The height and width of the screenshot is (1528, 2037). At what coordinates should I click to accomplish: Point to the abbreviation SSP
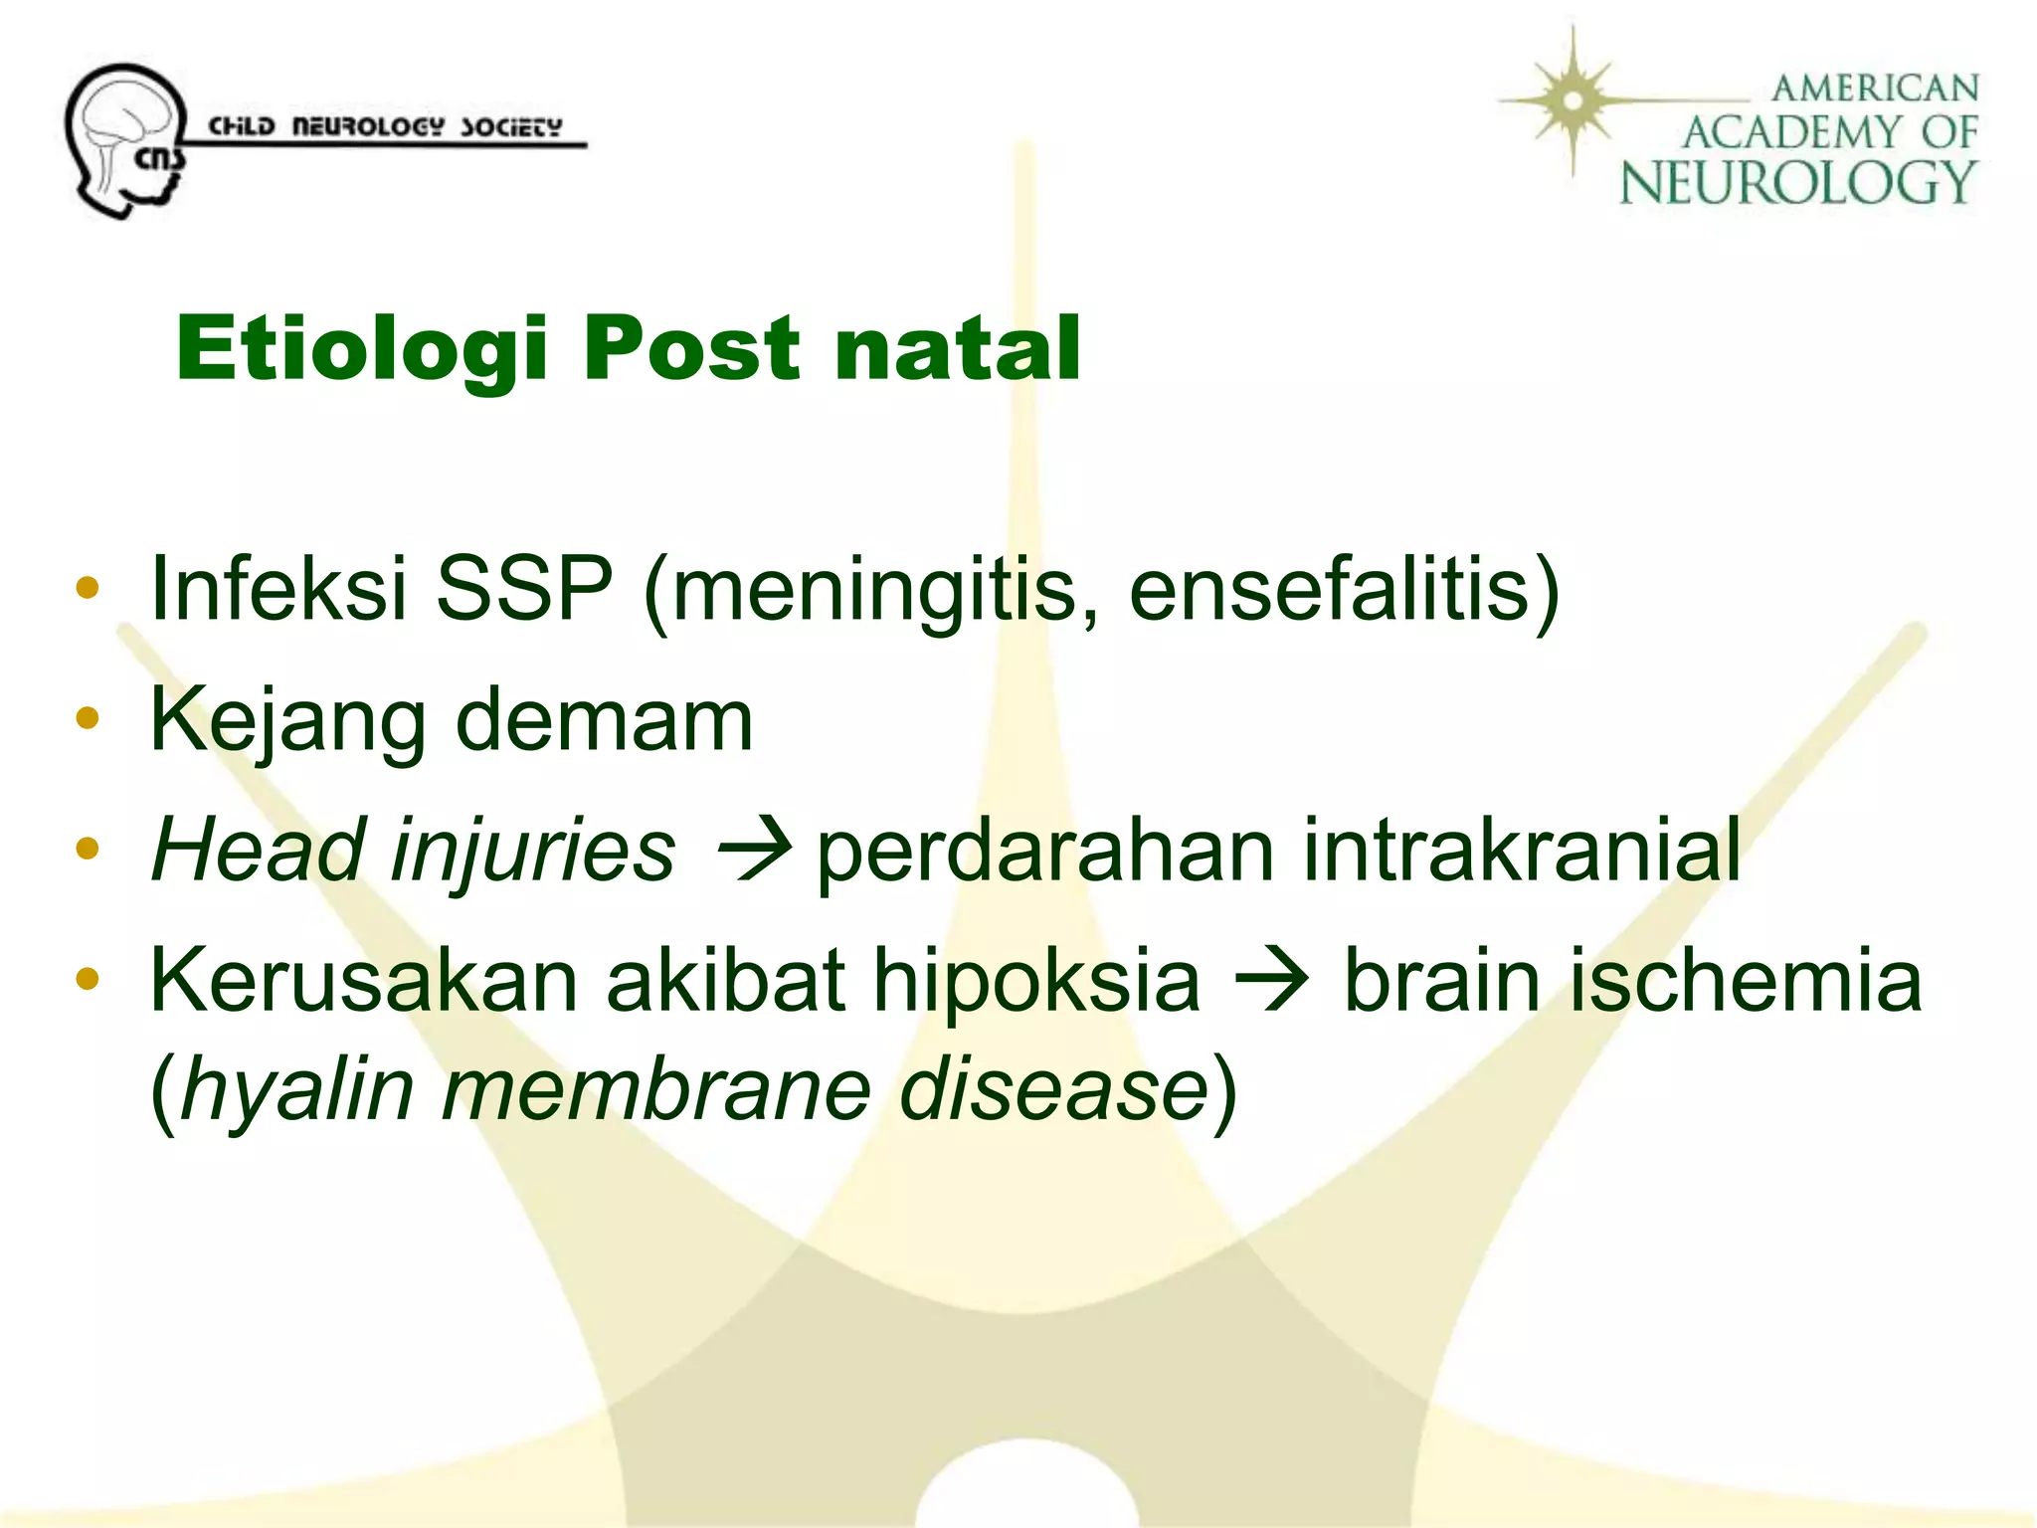[x=523, y=589]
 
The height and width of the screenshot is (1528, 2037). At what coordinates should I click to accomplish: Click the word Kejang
[x=286, y=721]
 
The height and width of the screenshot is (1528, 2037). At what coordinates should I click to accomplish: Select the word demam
[x=604, y=721]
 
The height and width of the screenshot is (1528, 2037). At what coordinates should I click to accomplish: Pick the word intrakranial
[x=1521, y=852]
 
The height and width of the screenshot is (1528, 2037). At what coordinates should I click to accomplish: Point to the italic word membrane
[x=655, y=1089]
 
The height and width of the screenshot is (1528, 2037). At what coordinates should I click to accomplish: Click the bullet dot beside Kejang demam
[x=88, y=718]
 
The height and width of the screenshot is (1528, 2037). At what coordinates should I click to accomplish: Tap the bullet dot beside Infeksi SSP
[x=88, y=587]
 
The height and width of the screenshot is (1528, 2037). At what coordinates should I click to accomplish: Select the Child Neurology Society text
[x=384, y=127]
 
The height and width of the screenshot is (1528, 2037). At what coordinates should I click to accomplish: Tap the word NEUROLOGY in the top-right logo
[x=1796, y=183]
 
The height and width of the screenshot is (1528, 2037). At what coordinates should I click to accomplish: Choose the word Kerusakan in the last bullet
[x=363, y=981]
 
